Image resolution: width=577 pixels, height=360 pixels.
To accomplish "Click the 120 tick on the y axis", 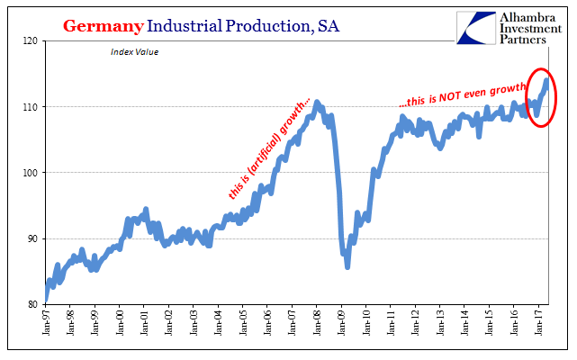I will click(x=33, y=41).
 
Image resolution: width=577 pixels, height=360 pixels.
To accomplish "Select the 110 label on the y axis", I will click(x=33, y=107).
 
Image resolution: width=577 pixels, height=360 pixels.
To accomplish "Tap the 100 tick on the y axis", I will click(x=33, y=173).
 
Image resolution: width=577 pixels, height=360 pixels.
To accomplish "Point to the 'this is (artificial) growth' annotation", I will click(x=267, y=148).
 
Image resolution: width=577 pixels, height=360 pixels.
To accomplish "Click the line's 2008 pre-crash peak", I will click(x=317, y=103).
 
